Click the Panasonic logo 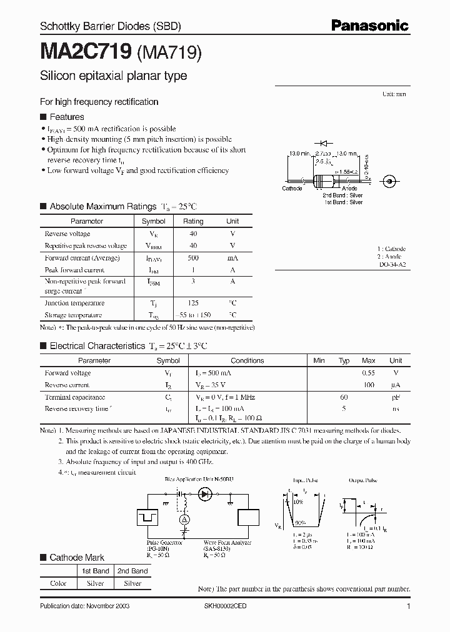pos(370,25)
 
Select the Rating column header pos(193,221)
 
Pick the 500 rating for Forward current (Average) pos(193,258)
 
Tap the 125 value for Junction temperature pos(193,303)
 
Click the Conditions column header pos(247,360)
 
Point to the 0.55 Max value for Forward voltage pos(369,373)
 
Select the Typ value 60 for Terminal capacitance pos(344,397)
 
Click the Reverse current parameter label pos(67,385)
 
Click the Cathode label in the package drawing pos(292,189)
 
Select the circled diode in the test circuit pos(204,494)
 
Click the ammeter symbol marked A pos(184,520)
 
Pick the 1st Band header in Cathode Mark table pos(96,571)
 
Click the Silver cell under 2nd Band pos(132,583)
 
